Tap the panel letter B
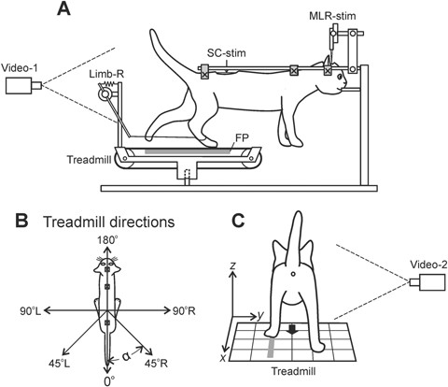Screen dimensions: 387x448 pyautogui.click(x=12, y=223)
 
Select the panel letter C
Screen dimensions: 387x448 pyautogui.click(x=239, y=223)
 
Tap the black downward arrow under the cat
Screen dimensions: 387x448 pyautogui.click(x=294, y=329)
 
